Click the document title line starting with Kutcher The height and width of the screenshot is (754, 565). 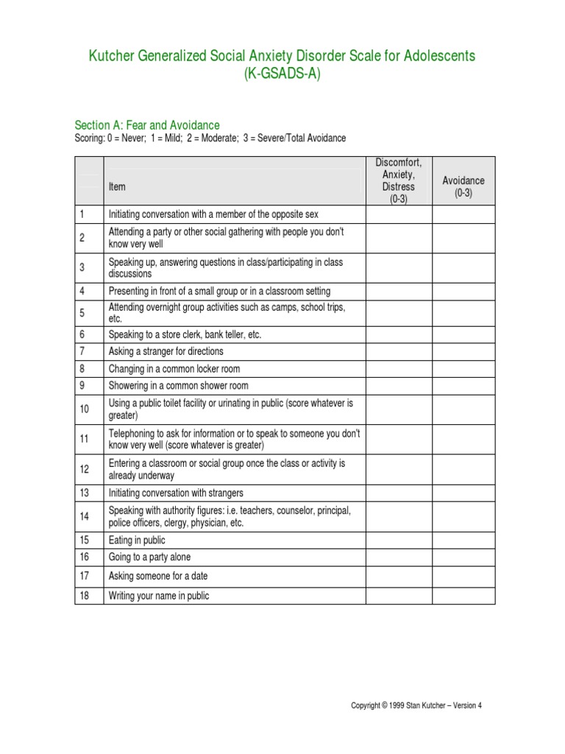click(282, 56)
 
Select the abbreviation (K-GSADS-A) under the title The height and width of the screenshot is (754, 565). click(282, 74)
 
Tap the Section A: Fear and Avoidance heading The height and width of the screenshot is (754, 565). click(147, 125)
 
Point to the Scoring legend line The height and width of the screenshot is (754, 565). click(199, 138)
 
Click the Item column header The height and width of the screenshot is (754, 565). click(117, 187)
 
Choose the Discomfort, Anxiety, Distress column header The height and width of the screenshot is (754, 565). click(399, 181)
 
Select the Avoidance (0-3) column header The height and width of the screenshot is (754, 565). click(463, 187)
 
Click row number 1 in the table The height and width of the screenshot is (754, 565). click(83, 214)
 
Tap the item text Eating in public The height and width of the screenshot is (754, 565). click(137, 540)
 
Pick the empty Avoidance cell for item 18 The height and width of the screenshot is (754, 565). click(463, 596)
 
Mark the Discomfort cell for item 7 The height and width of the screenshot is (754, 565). click(399, 351)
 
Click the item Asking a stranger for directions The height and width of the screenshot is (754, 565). click(166, 351)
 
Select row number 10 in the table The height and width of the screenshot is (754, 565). click(84, 409)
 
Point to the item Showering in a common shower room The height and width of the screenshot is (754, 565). click(178, 385)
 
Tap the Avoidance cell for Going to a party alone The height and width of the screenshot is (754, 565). click(463, 557)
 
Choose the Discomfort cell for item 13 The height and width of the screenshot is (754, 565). click(399, 493)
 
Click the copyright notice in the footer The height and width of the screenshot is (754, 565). click(416, 705)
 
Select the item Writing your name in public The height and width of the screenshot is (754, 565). click(159, 596)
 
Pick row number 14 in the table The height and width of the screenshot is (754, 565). click(84, 517)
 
